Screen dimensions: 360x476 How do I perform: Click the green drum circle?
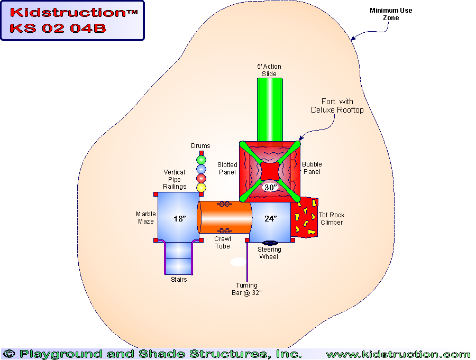[201, 160]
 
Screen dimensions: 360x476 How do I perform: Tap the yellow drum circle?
[201, 188]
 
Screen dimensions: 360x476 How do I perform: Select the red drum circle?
[201, 178]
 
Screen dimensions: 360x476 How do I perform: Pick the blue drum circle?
[201, 169]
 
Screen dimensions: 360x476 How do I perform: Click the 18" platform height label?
[180, 218]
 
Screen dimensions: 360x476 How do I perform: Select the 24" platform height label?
[270, 218]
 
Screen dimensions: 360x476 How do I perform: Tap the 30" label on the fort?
[270, 188]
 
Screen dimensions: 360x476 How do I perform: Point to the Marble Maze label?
[145, 218]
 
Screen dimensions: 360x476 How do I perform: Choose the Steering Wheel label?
[269, 253]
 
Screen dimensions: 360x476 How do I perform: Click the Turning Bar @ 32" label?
[246, 289]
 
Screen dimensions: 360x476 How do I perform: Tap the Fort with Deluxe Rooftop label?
[337, 106]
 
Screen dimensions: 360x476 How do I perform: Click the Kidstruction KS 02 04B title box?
[72, 21]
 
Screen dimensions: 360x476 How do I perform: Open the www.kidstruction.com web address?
[398, 354]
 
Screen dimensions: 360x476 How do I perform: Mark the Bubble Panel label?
[312, 168]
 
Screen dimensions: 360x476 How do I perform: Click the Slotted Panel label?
[227, 168]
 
